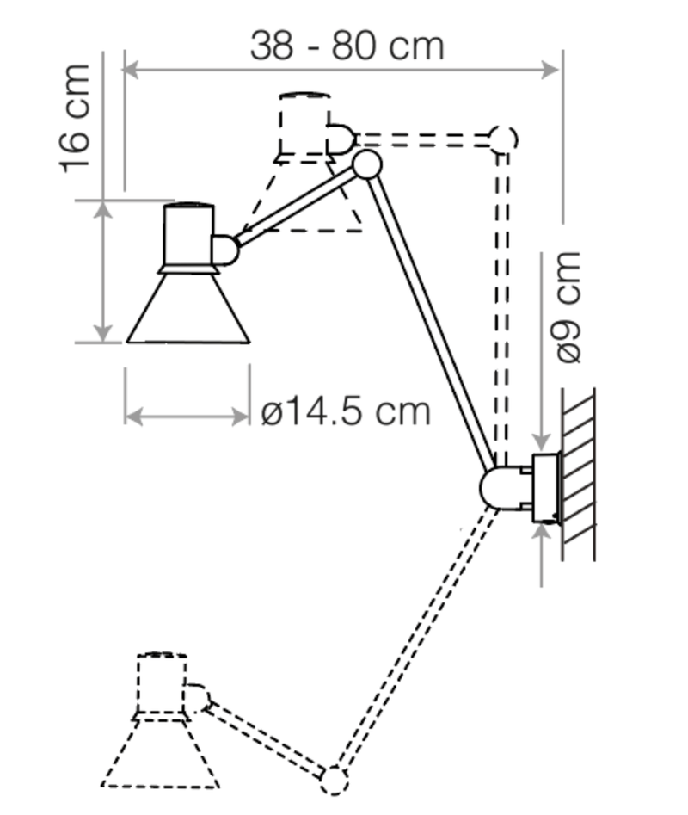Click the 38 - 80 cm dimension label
pos(347,45)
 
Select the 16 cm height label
pos(76,118)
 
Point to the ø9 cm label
pos(568,306)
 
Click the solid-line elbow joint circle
pos(367,164)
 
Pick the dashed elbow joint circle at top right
pos(502,139)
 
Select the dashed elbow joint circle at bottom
pos(334,781)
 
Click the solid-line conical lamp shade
pos(188,310)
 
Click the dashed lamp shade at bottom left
pos(161,752)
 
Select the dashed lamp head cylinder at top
pos(304,125)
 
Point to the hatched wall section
pos(578,473)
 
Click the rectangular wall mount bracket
pos(545,489)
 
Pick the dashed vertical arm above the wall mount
pos(502,301)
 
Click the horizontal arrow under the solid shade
pos(187,417)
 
